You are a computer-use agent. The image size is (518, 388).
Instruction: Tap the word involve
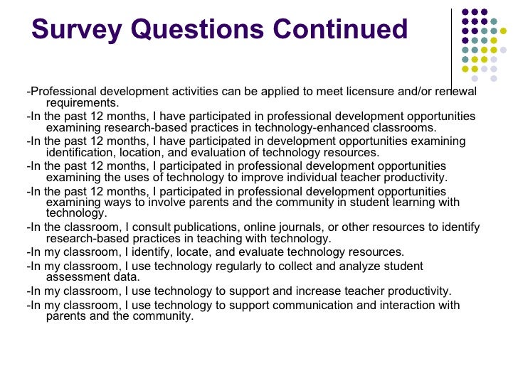pos(157,203)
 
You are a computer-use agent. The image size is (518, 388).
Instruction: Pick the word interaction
pos(412,306)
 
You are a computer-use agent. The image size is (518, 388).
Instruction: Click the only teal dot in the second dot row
pos(493,21)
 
